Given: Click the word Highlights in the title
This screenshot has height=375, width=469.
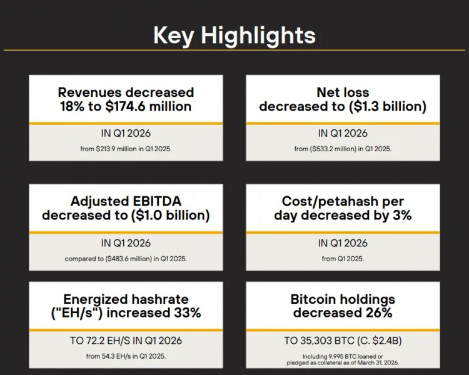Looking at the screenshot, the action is point(258,36).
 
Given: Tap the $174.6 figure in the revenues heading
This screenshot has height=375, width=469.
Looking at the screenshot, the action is point(125,106).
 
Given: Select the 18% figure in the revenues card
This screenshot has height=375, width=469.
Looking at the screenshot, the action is point(72,106).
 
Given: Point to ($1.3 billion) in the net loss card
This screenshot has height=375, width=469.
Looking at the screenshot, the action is point(388,106).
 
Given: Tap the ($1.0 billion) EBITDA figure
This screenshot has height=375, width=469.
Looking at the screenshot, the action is point(171,215).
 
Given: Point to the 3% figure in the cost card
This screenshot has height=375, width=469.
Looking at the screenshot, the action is point(402,215).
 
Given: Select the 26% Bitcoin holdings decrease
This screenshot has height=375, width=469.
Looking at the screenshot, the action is point(379,312).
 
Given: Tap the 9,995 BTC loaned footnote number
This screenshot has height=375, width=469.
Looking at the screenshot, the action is point(336,356).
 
